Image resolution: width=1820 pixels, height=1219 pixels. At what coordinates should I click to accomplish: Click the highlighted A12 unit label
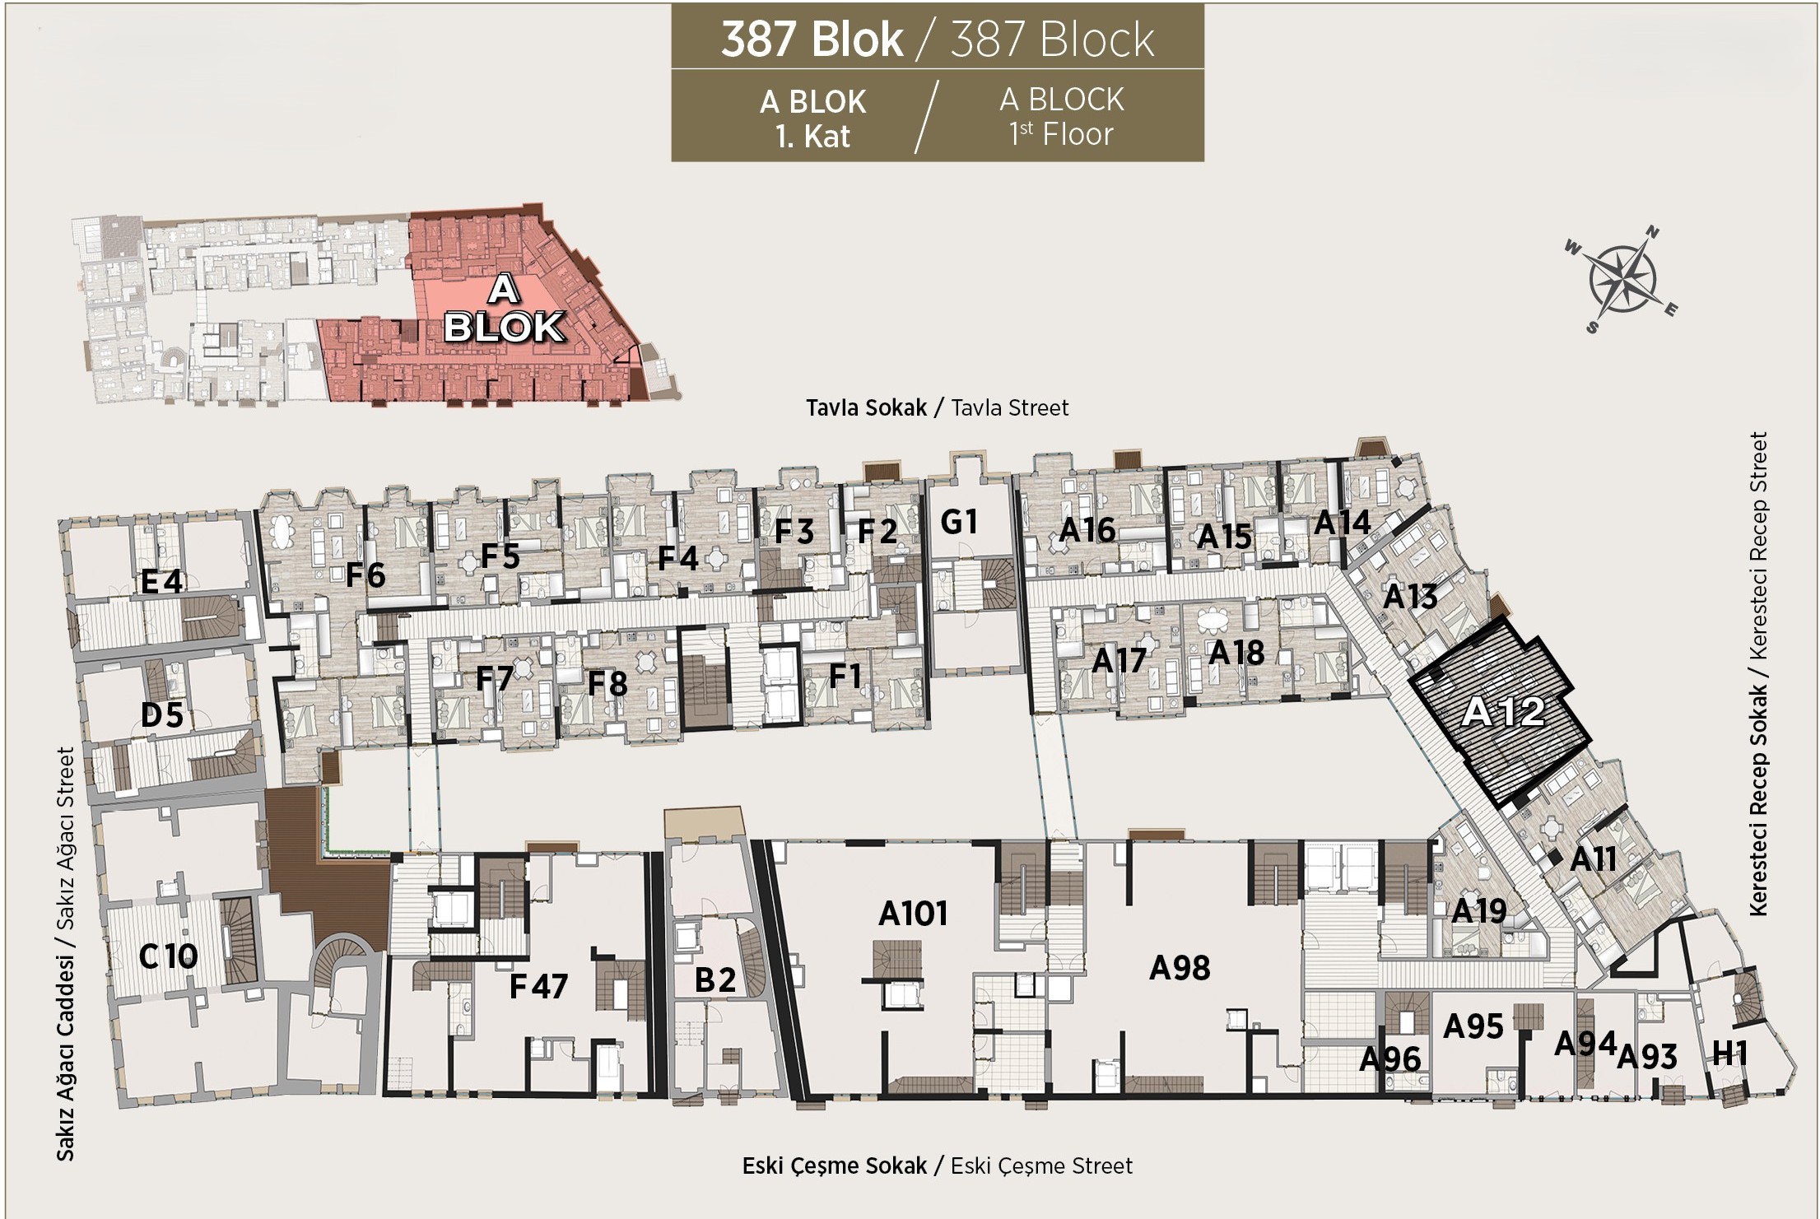point(1504,711)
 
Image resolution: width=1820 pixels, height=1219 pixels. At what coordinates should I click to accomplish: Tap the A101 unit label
point(913,914)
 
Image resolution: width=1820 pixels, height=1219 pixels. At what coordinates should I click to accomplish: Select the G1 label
point(959,522)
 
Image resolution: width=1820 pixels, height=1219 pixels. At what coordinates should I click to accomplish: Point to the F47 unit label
point(538,986)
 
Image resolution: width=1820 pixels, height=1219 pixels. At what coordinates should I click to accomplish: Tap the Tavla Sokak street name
point(866,407)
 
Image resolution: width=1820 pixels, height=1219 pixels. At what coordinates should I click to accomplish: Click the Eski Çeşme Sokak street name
point(835,1165)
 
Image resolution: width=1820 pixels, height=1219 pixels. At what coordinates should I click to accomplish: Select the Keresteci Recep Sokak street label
point(1758,799)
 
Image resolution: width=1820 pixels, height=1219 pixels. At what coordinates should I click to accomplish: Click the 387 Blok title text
point(812,39)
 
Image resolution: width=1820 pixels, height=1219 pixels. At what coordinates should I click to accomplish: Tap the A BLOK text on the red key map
point(504,309)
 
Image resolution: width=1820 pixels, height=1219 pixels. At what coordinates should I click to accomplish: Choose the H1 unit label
point(1729,1053)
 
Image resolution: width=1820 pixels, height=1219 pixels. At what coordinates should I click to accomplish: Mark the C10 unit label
point(168,956)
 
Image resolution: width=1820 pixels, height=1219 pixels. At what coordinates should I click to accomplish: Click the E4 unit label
point(161,582)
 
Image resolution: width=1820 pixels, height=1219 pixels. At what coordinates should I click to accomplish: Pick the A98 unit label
point(1180,968)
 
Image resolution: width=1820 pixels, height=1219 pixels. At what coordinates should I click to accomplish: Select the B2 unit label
point(715,980)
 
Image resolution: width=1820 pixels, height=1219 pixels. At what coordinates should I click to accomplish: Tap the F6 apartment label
point(365,575)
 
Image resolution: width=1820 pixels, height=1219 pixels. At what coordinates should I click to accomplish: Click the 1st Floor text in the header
point(1062,134)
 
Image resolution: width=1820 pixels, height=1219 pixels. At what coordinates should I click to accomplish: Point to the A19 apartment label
point(1478,911)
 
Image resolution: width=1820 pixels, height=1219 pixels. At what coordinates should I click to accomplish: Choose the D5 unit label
point(161,714)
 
